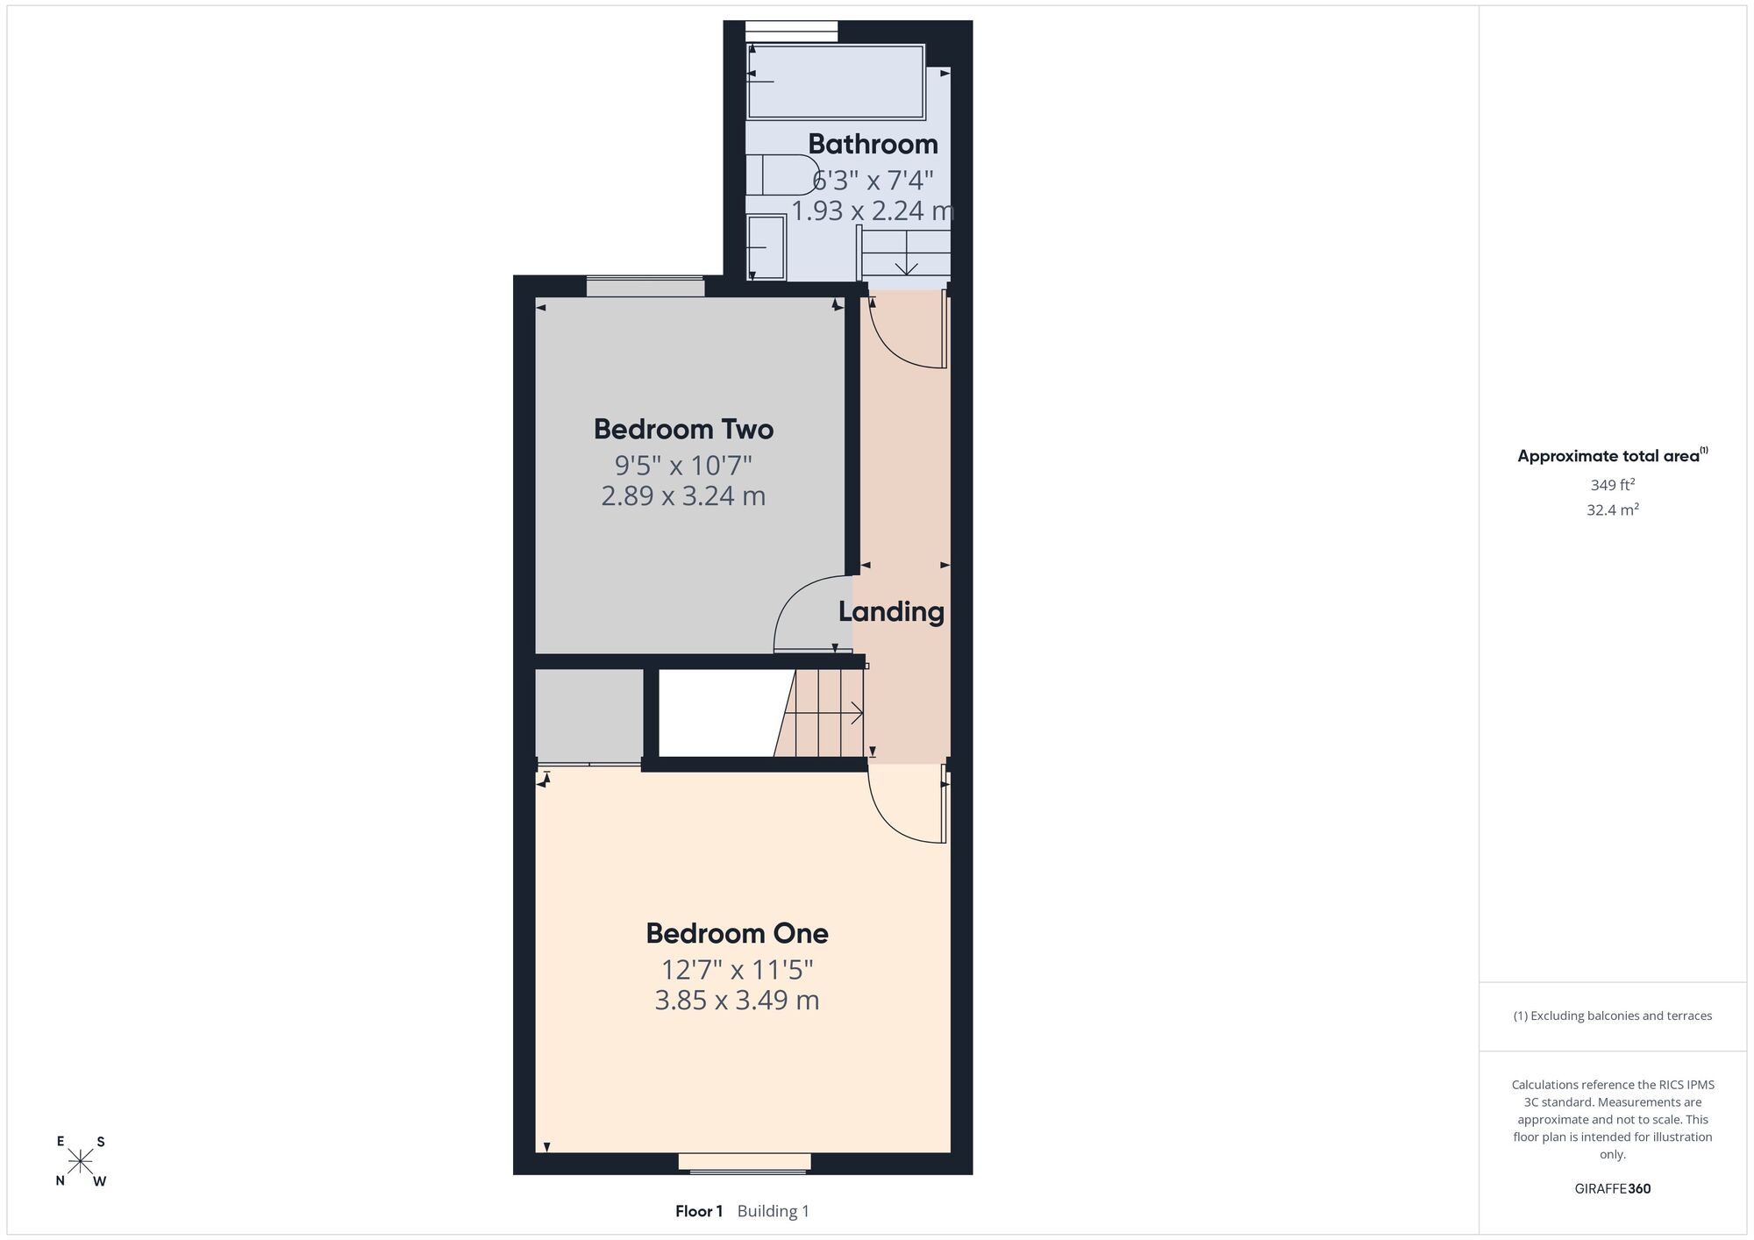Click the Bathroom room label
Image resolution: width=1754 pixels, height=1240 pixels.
click(x=873, y=144)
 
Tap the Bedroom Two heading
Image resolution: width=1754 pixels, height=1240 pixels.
click(x=683, y=429)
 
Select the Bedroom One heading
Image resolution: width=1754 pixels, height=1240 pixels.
click(x=737, y=933)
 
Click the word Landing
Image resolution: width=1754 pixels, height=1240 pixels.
click(x=891, y=612)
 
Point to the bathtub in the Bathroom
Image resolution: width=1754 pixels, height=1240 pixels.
click(x=836, y=82)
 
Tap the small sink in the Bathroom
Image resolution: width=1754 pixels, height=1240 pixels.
click(x=766, y=247)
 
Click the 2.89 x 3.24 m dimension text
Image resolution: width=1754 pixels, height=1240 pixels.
click(x=683, y=496)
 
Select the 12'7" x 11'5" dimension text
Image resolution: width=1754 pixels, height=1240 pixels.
click(x=737, y=970)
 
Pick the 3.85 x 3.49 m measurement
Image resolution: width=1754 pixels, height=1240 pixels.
click(x=737, y=1001)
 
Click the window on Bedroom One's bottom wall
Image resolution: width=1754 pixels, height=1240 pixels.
click(x=745, y=1163)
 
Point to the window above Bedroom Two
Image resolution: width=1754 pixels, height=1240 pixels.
click(x=645, y=287)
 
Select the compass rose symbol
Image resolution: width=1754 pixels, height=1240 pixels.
click(x=81, y=1161)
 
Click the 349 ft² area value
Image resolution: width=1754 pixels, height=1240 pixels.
click(x=1612, y=484)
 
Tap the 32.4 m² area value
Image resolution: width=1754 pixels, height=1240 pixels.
click(x=1612, y=510)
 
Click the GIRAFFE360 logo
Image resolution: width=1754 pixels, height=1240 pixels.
click(x=1612, y=1189)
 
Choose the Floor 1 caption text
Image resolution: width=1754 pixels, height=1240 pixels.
click(x=699, y=1211)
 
